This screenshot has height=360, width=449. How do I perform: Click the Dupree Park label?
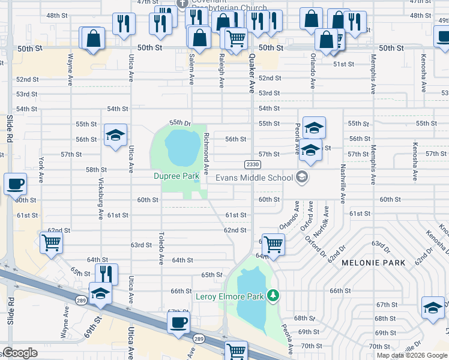point(176,176)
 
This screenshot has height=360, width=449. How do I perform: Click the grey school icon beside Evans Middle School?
point(302,177)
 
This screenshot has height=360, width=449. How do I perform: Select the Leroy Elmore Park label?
point(229,296)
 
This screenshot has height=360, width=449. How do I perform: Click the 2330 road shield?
point(252,164)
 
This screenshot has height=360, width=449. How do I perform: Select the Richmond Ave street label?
point(206,151)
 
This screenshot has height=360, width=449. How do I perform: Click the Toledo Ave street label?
point(161,248)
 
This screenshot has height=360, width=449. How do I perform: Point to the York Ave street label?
point(41,170)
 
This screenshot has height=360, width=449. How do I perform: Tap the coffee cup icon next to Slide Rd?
point(16,184)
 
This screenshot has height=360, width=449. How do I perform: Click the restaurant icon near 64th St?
point(106,274)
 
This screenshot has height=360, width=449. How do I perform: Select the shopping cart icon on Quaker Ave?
point(273,244)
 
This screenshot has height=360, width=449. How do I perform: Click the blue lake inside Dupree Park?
point(182,148)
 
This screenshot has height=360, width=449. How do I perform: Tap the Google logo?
point(20,353)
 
